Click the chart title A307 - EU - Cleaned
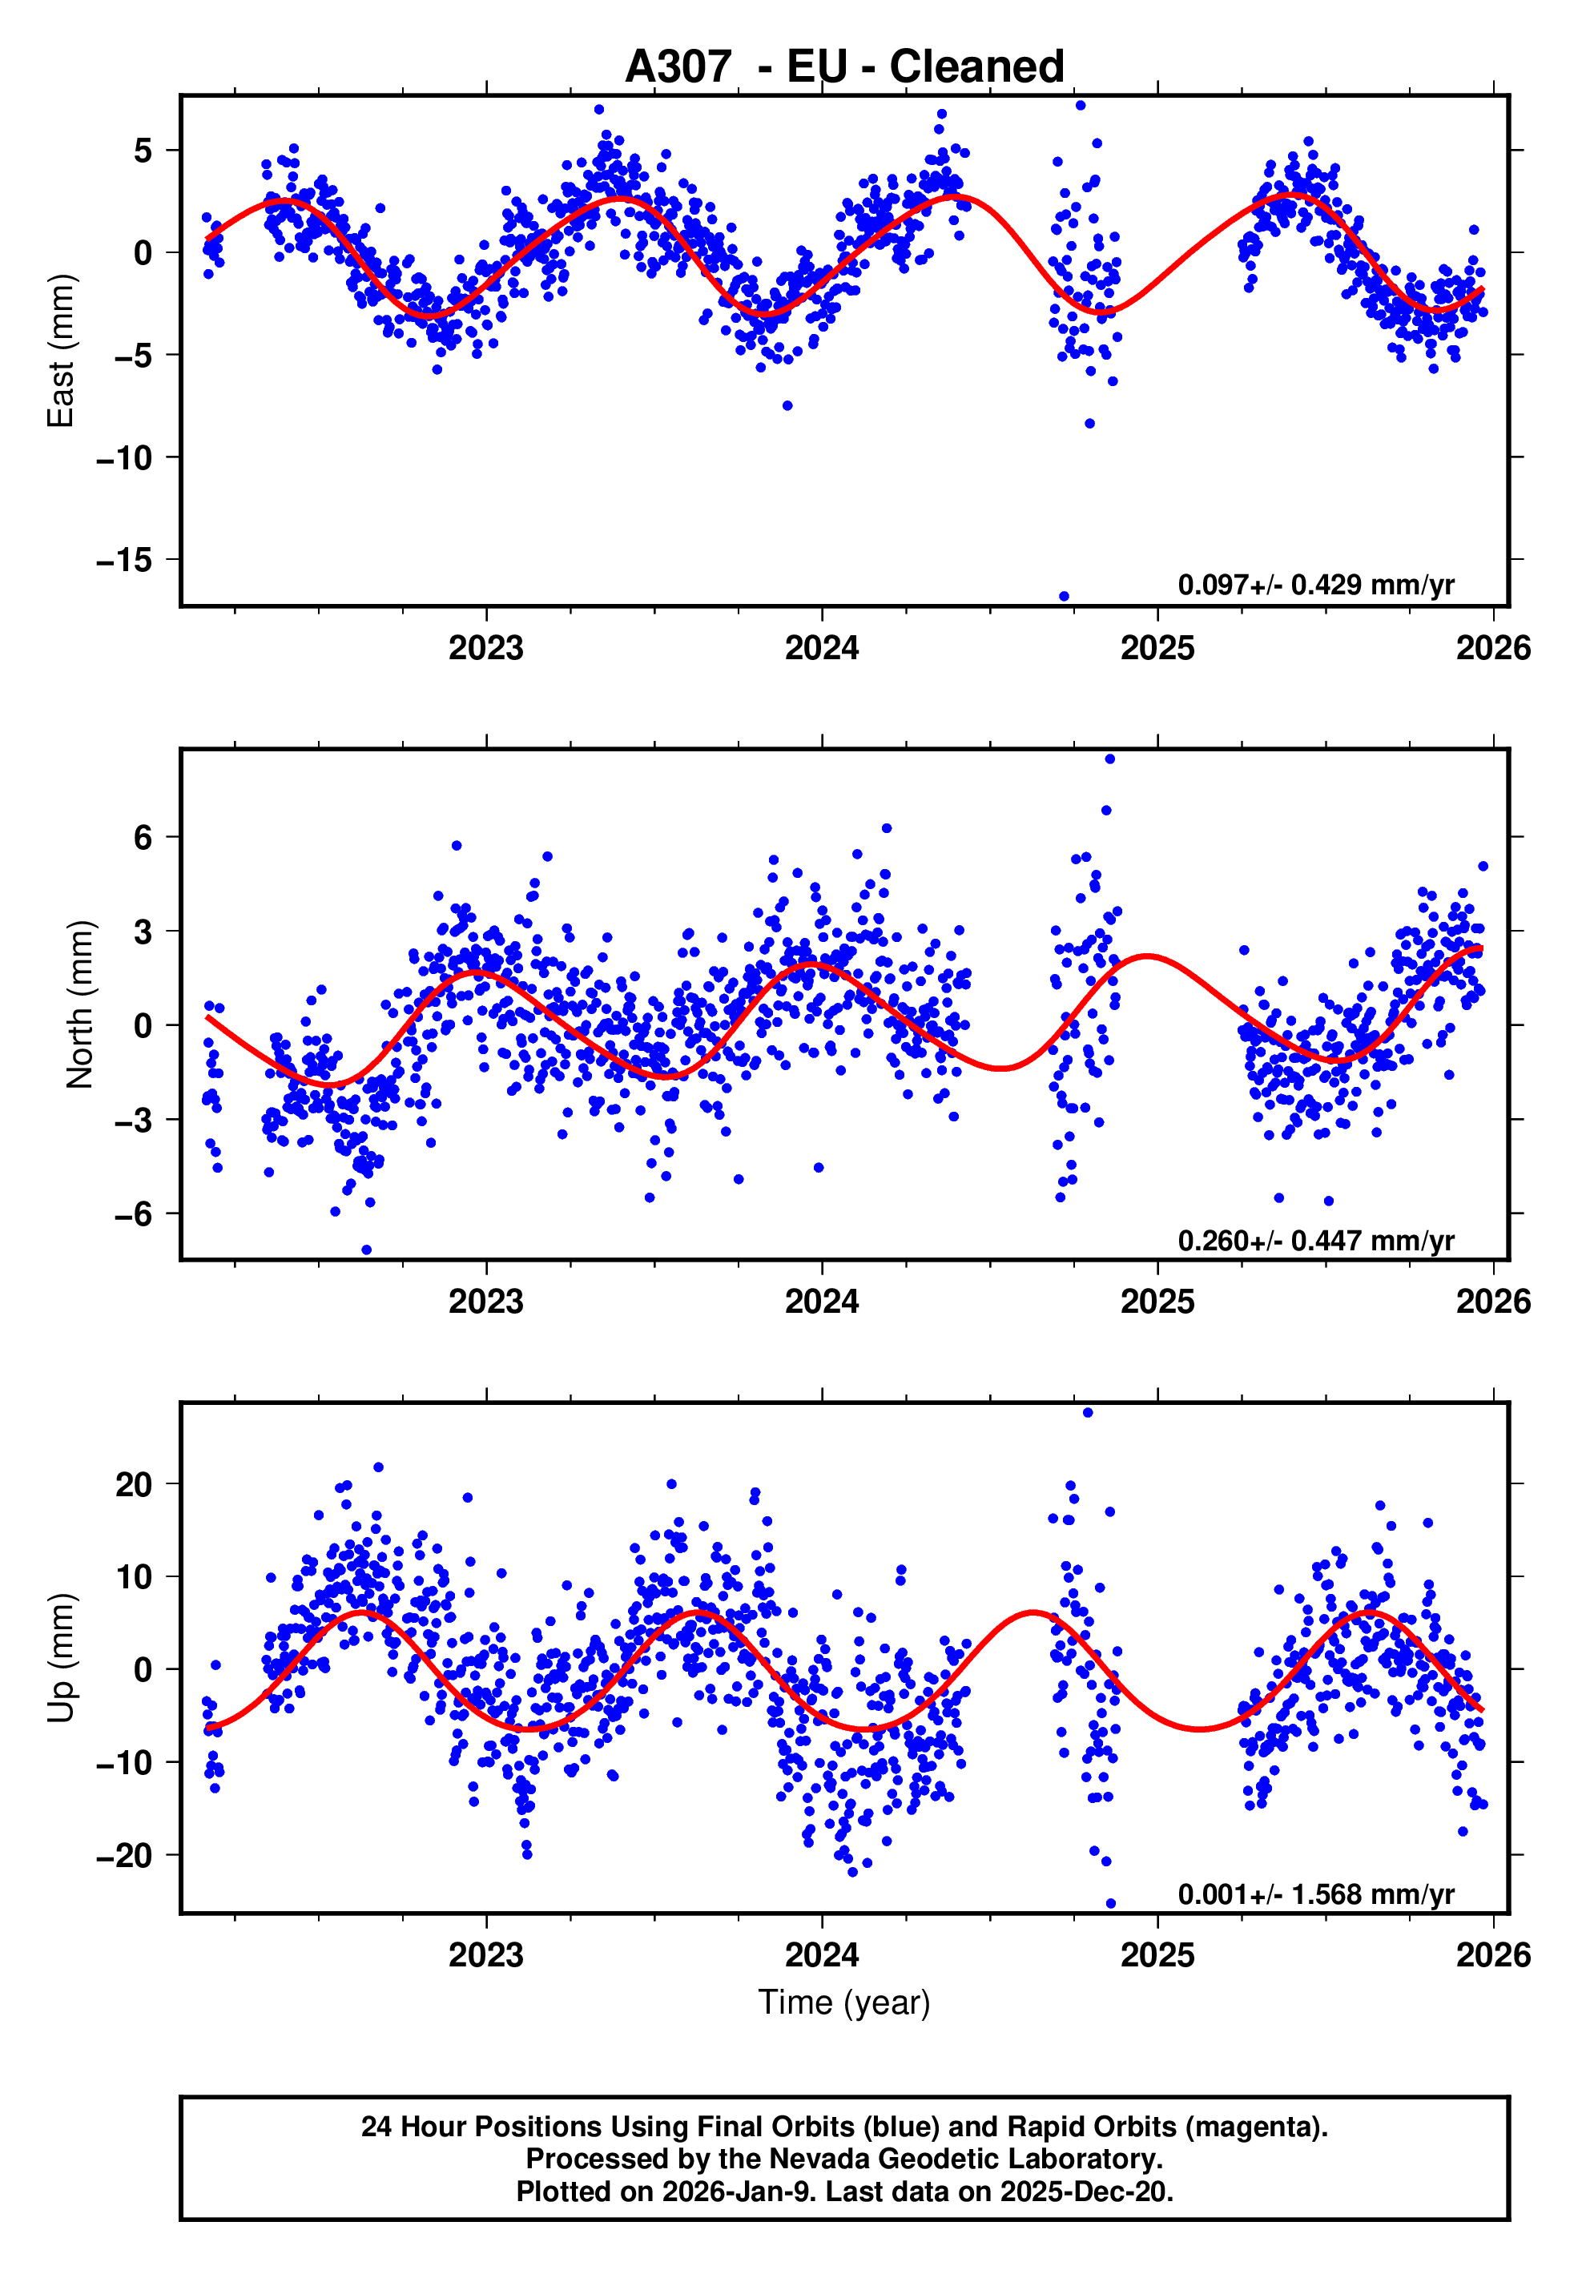[844, 66]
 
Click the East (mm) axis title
[62, 351]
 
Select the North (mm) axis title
[80, 1004]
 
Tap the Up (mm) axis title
[62, 1658]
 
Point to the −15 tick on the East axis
[125, 560]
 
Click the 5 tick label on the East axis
[143, 151]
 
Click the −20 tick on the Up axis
[125, 1856]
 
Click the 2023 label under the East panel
[485, 649]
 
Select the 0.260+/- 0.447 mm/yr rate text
[1316, 1240]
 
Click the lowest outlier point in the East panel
[1064, 596]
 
